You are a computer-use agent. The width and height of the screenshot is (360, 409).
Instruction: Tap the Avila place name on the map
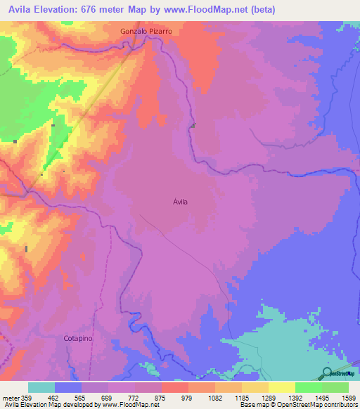click(x=180, y=202)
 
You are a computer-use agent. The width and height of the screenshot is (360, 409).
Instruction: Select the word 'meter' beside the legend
click(x=8, y=398)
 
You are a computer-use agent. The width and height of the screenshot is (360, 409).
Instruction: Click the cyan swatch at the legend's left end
click(x=41, y=387)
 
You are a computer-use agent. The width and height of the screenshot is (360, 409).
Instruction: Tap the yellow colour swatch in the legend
click(x=281, y=387)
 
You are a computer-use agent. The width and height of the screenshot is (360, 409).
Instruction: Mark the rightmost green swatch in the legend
click(x=335, y=387)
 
